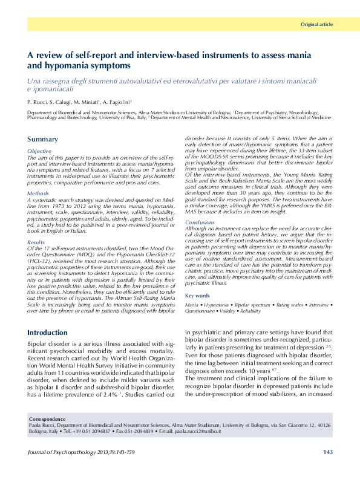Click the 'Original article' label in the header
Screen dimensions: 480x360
316,24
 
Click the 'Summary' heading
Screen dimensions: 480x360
43,140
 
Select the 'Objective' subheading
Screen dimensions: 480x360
40,150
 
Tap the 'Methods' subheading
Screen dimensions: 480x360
39,193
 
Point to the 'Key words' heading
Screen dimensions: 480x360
198,296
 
